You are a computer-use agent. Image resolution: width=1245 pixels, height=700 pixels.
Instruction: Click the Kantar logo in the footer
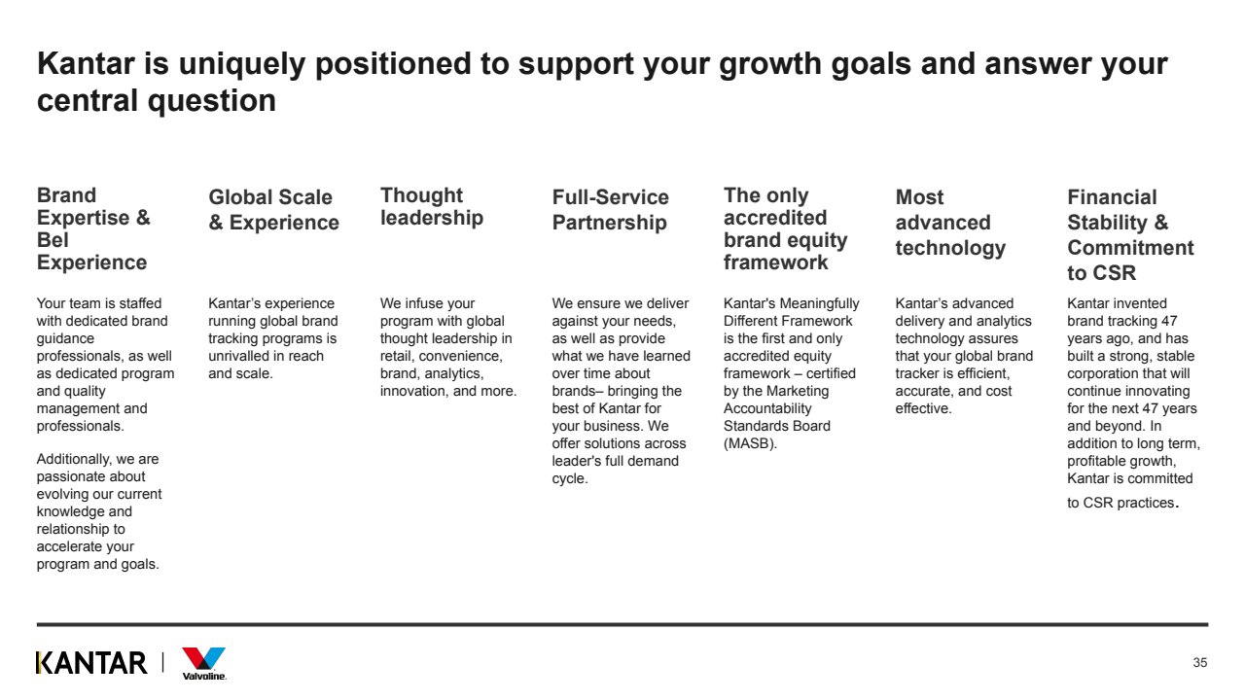click(x=91, y=663)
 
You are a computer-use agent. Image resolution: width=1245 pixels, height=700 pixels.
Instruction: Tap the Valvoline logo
click(x=204, y=664)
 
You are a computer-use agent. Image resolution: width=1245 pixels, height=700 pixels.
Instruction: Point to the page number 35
click(x=1200, y=662)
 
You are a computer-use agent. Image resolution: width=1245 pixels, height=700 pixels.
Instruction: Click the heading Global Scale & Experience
click(x=273, y=209)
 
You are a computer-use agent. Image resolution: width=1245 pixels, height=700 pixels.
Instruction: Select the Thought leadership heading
click(x=431, y=207)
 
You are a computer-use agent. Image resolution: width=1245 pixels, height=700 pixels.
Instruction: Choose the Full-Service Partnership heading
click(x=610, y=209)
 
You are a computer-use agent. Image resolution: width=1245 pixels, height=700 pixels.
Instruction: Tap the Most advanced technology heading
click(x=950, y=223)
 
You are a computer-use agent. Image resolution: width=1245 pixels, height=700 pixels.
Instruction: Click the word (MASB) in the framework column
click(x=750, y=443)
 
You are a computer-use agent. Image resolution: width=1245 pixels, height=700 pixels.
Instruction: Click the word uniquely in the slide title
click(x=242, y=64)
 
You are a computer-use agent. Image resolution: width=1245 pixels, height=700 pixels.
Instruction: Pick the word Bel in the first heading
click(x=53, y=240)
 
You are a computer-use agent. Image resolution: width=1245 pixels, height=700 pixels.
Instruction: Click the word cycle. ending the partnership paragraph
click(x=570, y=479)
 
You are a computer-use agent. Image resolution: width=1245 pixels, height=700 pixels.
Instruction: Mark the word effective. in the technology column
click(x=923, y=408)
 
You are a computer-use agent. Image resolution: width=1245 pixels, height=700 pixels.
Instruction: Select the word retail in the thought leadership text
click(x=398, y=356)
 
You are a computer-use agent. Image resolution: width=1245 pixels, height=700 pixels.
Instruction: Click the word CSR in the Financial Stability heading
click(x=1115, y=273)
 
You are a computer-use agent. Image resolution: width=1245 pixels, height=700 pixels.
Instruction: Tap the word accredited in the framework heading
click(x=775, y=218)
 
